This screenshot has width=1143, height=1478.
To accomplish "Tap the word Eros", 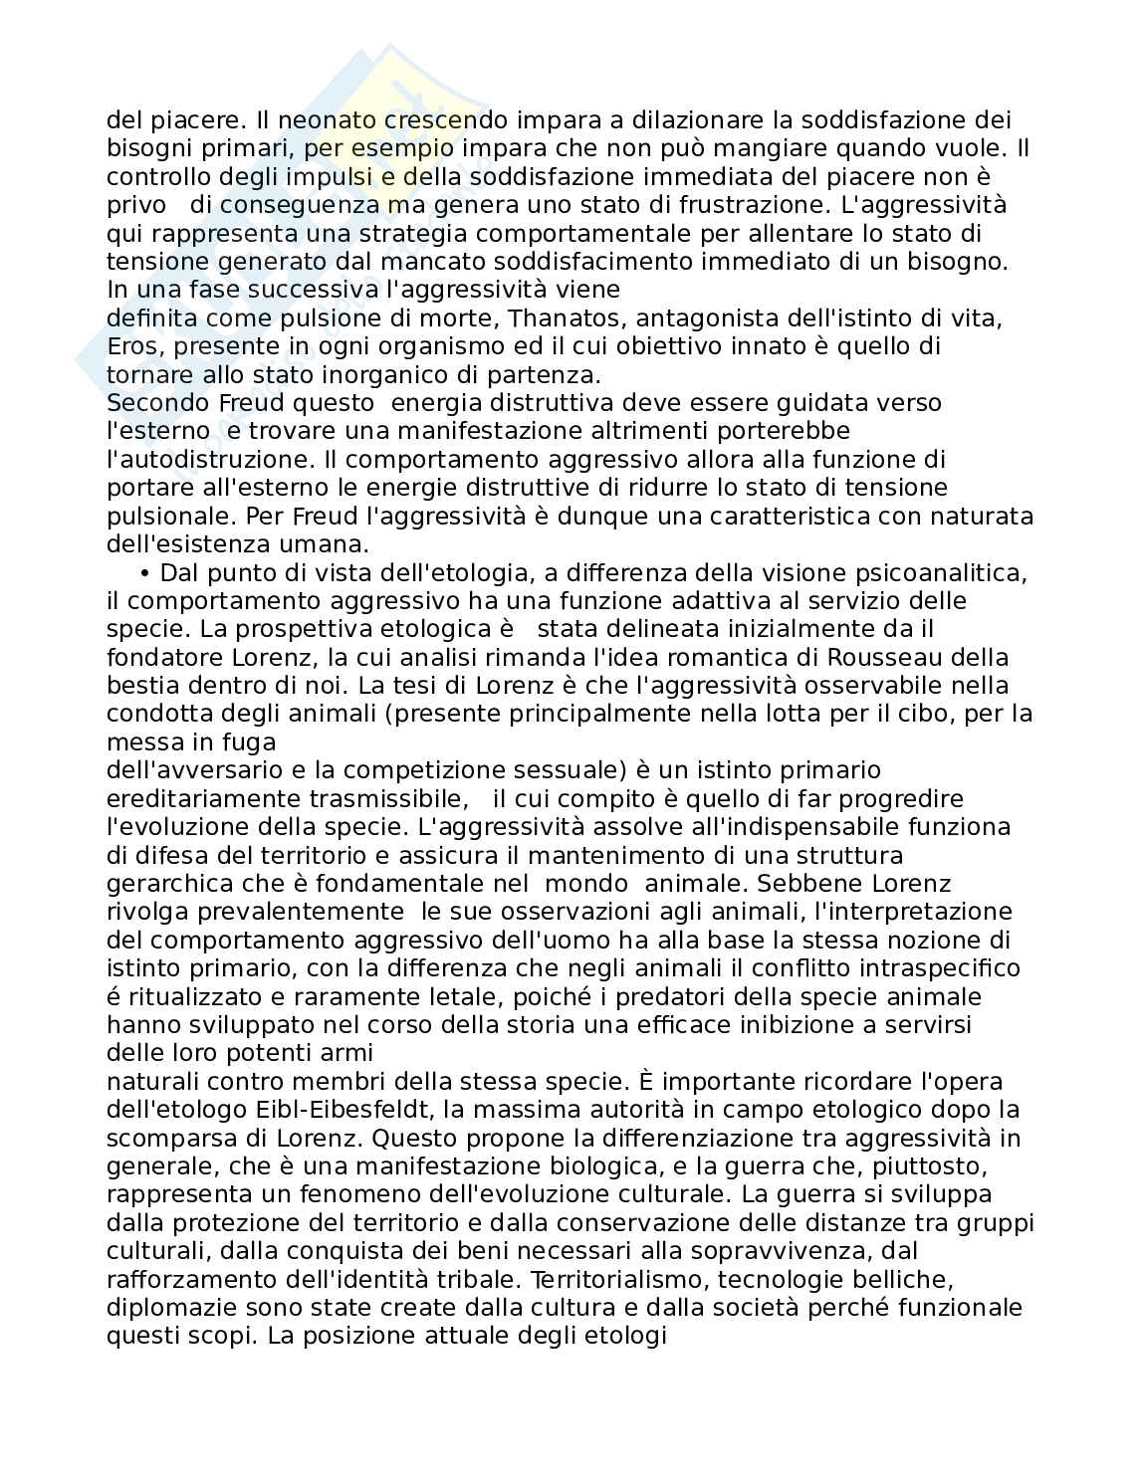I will pos(129,346).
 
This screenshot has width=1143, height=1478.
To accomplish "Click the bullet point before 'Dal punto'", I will pos(145,573).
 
